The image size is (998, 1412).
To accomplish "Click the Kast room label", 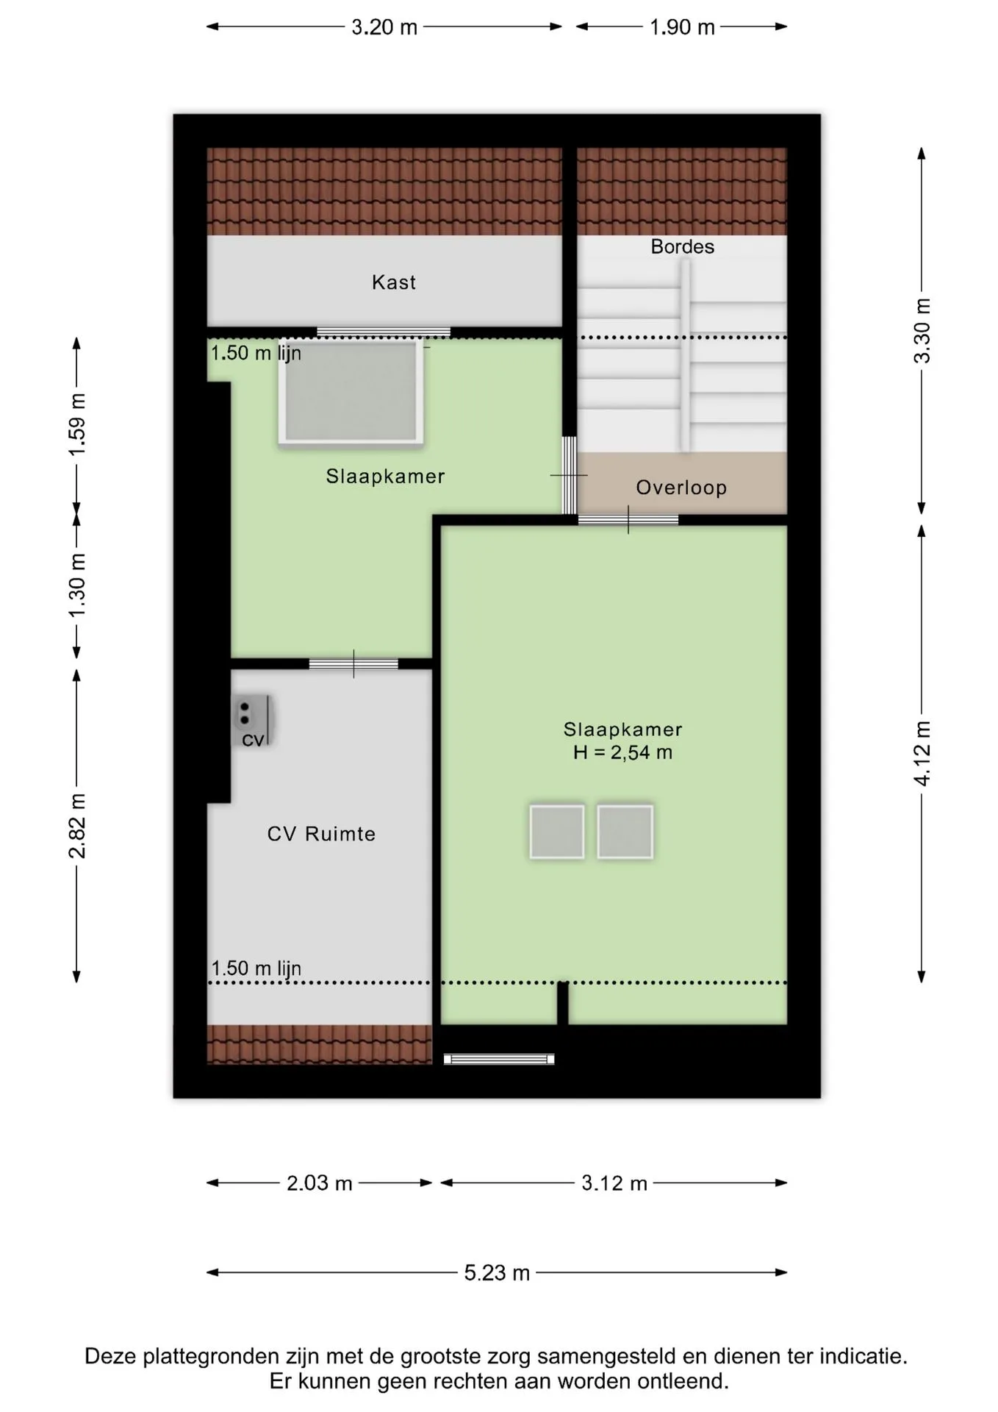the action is (x=394, y=282).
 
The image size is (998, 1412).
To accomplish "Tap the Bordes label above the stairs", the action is (x=682, y=246).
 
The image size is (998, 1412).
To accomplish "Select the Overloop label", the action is (x=681, y=488).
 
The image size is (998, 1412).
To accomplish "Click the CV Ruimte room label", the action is (x=321, y=834).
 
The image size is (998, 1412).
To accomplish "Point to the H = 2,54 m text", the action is (x=622, y=752).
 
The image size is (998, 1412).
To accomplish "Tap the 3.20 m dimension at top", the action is (x=384, y=27).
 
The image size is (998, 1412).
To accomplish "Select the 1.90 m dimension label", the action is (x=682, y=27).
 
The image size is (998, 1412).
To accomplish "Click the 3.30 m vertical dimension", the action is (x=922, y=331).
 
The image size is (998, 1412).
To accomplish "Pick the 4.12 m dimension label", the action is (x=922, y=753).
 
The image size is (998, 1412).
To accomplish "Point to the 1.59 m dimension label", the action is (x=77, y=424).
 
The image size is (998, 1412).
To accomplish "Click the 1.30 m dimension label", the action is (x=77, y=586).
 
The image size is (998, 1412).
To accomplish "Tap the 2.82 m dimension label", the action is (x=77, y=826).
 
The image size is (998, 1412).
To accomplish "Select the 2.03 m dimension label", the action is (x=320, y=1183).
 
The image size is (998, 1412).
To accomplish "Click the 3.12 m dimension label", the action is (x=614, y=1183).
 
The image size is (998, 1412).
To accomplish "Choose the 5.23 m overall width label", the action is (x=497, y=1273).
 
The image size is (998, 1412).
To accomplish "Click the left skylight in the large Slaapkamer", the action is (x=557, y=832).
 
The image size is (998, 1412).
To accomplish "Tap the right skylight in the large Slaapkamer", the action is (x=625, y=832).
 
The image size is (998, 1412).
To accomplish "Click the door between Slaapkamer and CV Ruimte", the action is (x=353, y=664).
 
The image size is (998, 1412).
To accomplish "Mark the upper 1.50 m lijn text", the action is (x=256, y=353).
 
